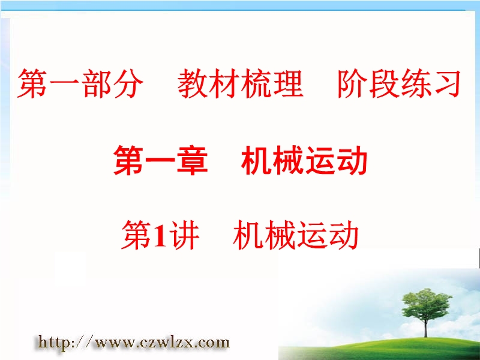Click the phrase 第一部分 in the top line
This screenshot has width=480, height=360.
point(80,83)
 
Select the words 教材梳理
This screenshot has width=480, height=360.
point(241,83)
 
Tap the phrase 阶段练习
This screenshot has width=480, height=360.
point(399,83)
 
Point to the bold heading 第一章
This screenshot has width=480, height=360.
point(161,160)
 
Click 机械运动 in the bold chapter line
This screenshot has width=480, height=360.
point(304,160)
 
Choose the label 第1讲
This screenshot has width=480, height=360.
point(160,235)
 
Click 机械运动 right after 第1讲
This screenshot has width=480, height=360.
point(296,235)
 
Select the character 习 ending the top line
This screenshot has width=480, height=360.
point(446,83)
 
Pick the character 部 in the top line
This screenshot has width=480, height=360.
point(97,83)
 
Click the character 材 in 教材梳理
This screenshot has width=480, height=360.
point(224,83)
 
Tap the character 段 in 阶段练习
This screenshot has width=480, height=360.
point(384,83)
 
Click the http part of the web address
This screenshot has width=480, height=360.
point(53,341)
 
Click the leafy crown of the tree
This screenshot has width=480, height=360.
point(425,305)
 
